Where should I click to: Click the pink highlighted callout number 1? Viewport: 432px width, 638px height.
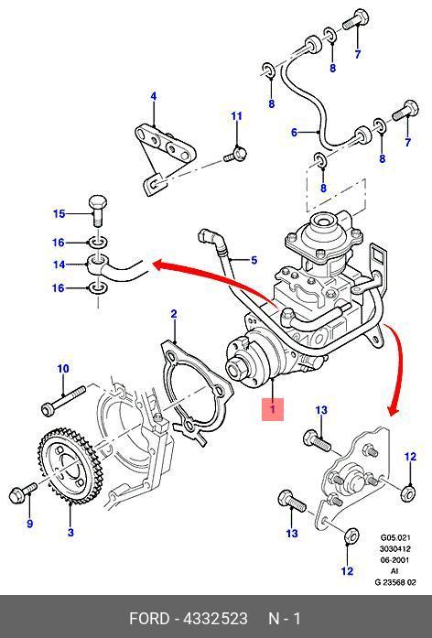click(x=273, y=408)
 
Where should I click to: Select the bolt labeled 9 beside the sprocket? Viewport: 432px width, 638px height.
click(x=23, y=492)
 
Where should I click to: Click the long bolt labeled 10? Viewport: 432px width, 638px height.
click(x=63, y=400)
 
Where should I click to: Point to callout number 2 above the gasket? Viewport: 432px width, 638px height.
click(x=174, y=314)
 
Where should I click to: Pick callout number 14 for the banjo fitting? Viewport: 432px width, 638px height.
click(x=59, y=265)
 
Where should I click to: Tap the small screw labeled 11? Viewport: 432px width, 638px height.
click(x=236, y=155)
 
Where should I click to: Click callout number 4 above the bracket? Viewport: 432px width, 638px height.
click(x=154, y=96)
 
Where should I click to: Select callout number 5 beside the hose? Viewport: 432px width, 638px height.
click(x=254, y=260)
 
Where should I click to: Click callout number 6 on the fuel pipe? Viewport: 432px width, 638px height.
click(x=294, y=132)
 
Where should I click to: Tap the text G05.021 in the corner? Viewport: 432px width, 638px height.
click(x=395, y=537)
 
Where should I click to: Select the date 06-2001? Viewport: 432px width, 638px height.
click(x=395, y=560)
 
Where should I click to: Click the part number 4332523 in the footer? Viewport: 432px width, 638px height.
click(x=216, y=619)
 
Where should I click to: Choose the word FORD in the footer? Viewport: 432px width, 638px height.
click(x=149, y=619)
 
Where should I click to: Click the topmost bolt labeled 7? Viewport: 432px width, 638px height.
click(x=355, y=19)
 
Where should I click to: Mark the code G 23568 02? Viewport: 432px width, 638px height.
click(x=395, y=582)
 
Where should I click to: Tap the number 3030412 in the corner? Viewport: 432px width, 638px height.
click(x=395, y=548)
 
